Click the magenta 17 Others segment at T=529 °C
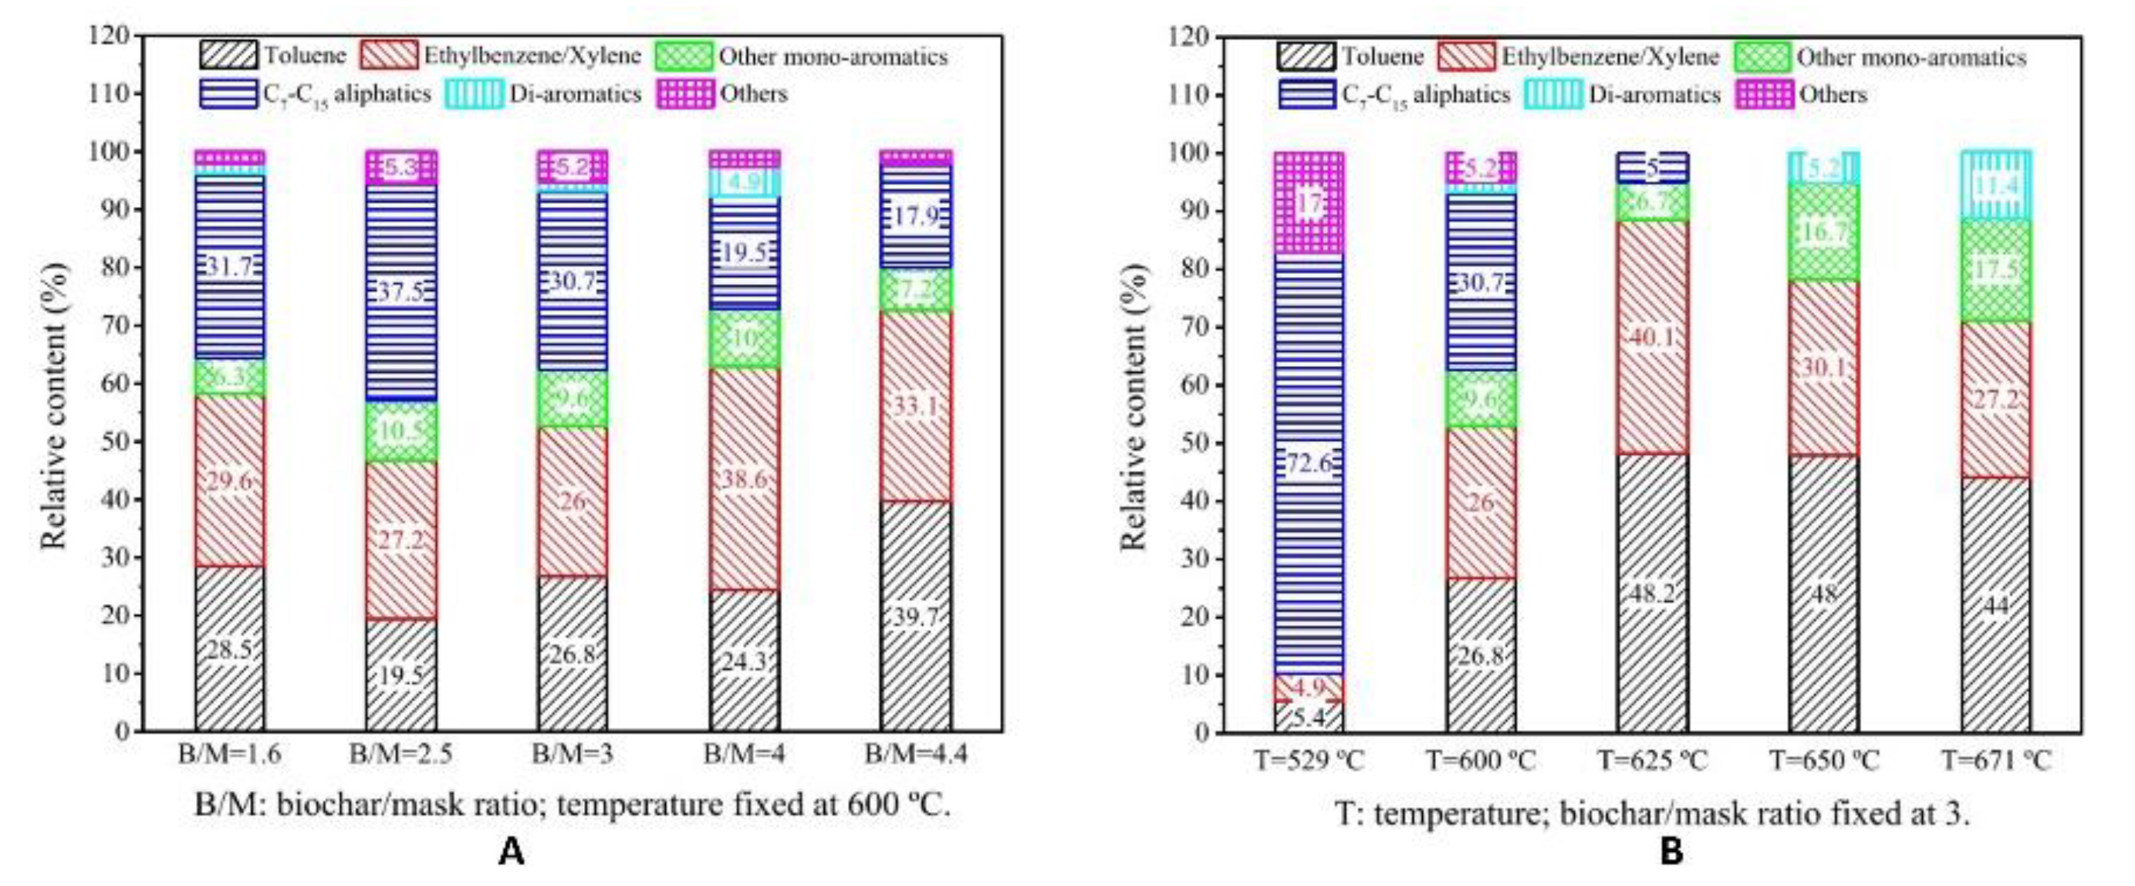click(x=1309, y=203)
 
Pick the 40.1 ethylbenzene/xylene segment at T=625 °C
click(x=1653, y=337)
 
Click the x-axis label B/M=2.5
click(x=401, y=756)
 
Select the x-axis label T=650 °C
click(x=1824, y=759)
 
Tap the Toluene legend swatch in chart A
click(x=228, y=56)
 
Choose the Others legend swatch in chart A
click(x=684, y=93)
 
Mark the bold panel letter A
click(x=512, y=851)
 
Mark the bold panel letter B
click(x=1672, y=853)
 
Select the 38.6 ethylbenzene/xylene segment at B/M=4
click(x=745, y=479)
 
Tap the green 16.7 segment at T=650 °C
click(x=1824, y=232)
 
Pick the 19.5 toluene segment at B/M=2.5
click(x=401, y=675)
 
